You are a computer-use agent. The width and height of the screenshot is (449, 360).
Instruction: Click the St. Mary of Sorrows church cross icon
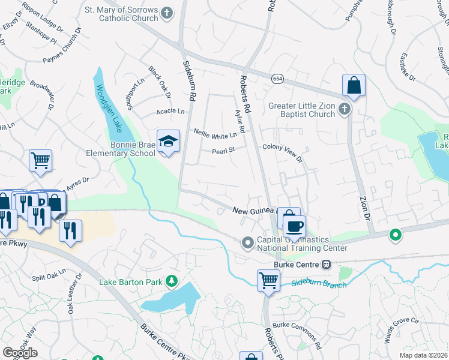pos(167,12)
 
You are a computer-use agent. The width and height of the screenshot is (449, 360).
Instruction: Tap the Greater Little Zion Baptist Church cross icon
pos(344,109)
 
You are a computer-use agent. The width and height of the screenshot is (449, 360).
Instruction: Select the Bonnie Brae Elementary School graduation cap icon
pos(168,142)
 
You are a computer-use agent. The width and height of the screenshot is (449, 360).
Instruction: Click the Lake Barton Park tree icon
pos(172,280)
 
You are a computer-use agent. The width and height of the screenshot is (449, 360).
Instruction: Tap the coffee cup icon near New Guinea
pos(294,227)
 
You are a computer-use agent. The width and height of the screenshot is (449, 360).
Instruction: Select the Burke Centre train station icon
pos(327,264)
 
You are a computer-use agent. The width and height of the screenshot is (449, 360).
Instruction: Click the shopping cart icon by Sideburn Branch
pos(268,280)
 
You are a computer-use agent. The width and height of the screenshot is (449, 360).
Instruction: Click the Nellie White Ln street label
pos(215,134)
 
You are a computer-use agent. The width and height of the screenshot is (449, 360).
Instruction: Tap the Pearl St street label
pos(221,151)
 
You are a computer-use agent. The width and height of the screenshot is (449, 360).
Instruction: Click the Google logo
pos(20,352)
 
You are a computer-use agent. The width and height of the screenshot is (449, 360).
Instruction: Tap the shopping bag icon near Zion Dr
pos(354,85)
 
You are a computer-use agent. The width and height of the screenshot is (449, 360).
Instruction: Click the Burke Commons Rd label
pos(298,336)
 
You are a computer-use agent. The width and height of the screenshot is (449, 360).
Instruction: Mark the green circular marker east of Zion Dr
pos(395,235)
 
